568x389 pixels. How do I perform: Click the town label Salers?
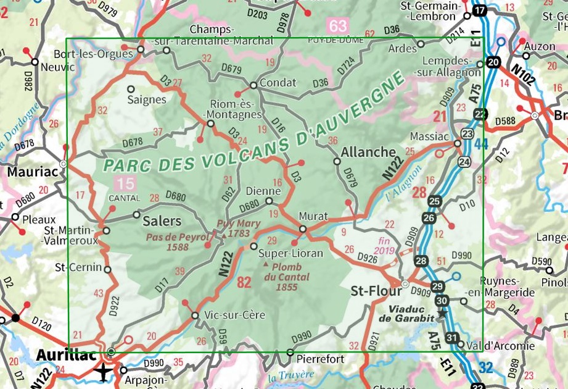pos(162,221)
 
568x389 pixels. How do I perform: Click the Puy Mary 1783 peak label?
pos(233,229)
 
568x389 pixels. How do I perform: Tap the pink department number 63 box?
pos(338,26)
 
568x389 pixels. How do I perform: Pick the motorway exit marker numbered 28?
pos(421,261)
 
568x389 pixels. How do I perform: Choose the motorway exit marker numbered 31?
pos(452,338)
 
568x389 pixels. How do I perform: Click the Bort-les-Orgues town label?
pos(102,54)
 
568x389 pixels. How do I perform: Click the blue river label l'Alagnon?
pos(405,185)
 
